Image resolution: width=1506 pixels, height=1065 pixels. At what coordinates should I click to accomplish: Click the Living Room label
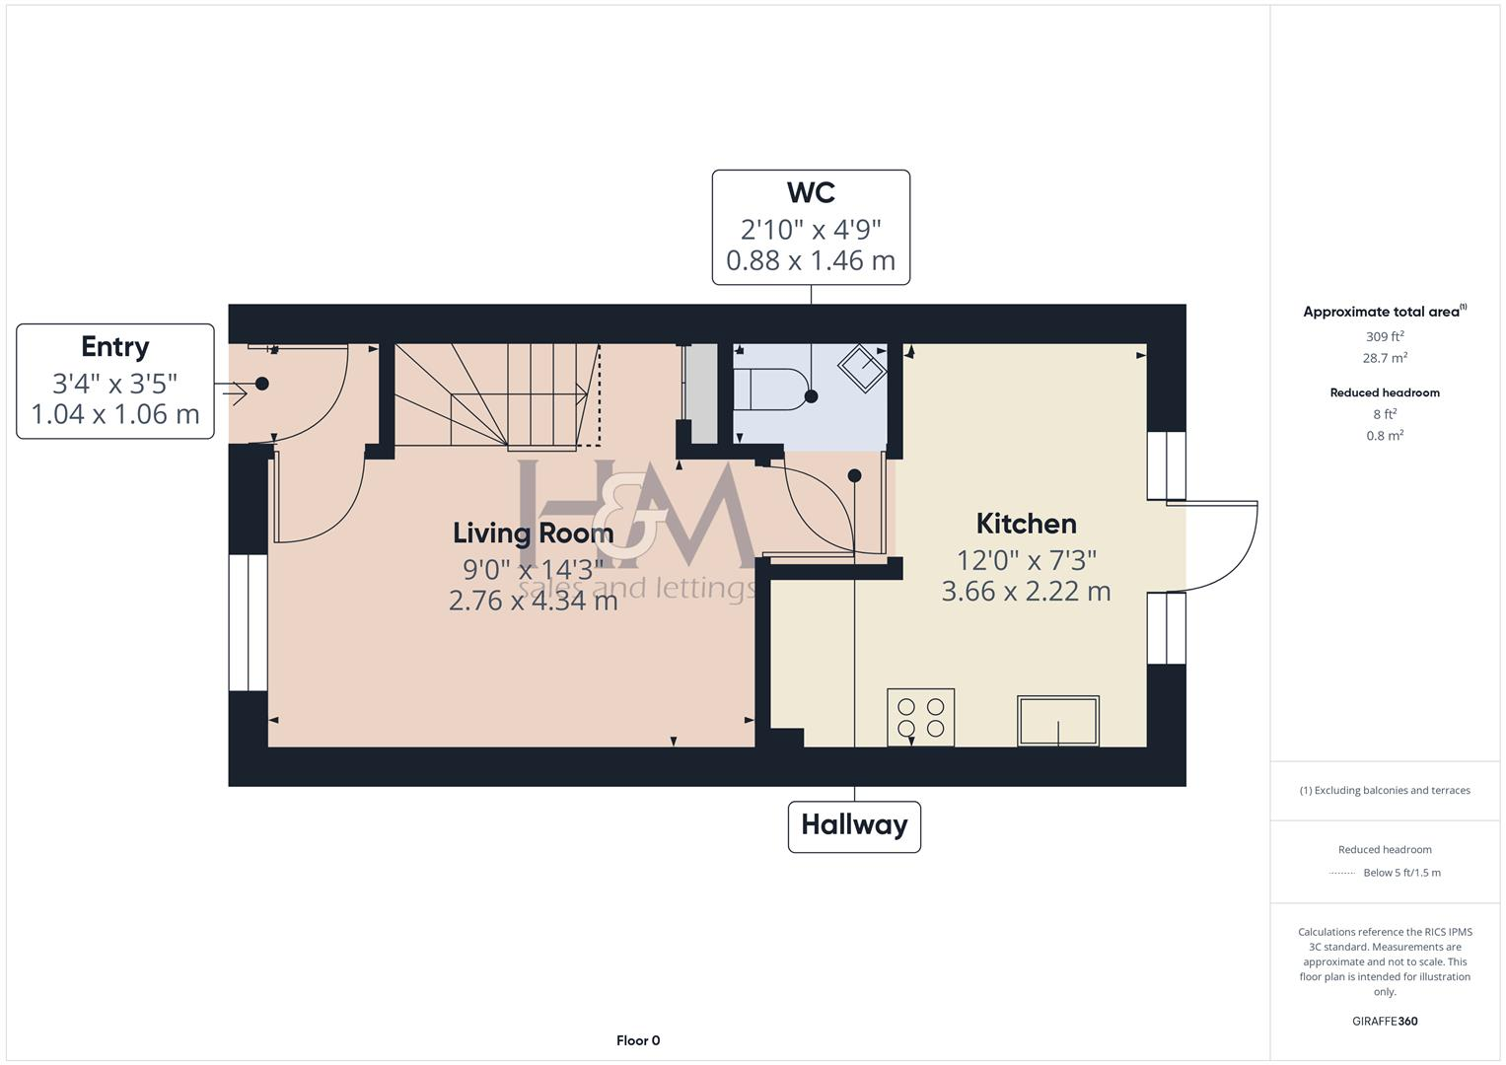tap(533, 533)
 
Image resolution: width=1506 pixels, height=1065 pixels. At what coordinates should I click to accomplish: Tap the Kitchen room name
tap(1026, 524)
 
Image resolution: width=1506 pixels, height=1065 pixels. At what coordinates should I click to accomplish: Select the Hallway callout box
tap(854, 825)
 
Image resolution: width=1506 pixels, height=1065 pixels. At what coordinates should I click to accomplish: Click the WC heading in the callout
tap(811, 191)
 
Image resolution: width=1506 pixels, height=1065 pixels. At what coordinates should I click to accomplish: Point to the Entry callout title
tap(115, 347)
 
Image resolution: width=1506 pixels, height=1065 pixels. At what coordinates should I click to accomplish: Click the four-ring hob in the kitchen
tap(920, 717)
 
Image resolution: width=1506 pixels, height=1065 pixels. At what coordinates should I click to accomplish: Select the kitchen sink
tap(1058, 720)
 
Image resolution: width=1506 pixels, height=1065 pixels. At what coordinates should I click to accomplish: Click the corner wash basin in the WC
tap(862, 367)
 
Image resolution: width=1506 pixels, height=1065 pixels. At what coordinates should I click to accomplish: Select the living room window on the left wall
tap(248, 622)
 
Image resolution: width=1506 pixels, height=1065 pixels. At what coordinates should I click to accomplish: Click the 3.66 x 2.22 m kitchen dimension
tap(1026, 592)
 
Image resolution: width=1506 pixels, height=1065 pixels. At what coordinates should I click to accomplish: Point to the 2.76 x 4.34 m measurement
tap(533, 601)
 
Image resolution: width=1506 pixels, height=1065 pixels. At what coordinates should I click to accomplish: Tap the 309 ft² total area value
tap(1385, 337)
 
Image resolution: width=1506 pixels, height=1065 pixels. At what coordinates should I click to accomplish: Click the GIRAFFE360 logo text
tap(1385, 1022)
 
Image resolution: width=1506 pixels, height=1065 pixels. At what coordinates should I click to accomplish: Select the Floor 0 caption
tap(638, 1040)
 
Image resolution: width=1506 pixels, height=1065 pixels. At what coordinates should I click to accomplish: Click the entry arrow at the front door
tap(235, 392)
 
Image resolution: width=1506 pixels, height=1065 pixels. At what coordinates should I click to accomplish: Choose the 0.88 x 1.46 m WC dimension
tap(811, 261)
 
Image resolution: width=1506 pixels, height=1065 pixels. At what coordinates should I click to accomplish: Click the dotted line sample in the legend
tap(1342, 873)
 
